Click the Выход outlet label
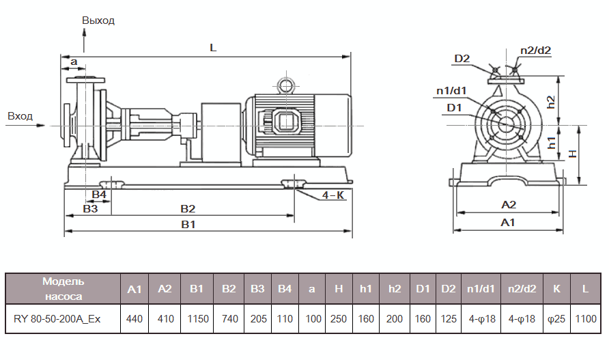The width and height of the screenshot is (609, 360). tap(98, 20)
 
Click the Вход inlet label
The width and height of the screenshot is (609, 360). tap(20, 116)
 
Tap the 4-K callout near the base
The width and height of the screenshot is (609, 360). tap(332, 195)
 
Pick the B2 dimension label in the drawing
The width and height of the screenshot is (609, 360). tap(187, 208)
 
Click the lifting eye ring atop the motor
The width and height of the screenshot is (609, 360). tap(284, 85)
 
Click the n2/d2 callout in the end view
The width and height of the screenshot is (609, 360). tap(535, 50)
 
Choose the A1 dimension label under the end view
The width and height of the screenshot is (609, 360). tap(508, 223)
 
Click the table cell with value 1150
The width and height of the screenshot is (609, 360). tap(197, 319)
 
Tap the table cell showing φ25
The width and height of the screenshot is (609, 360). tap(556, 319)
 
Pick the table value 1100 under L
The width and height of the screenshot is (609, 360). tap(585, 319)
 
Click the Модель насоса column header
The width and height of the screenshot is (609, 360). tap(63, 289)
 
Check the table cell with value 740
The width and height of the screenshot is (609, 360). tap(228, 319)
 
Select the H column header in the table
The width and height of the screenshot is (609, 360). tap(339, 289)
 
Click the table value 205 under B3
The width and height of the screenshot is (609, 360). tap(257, 319)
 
